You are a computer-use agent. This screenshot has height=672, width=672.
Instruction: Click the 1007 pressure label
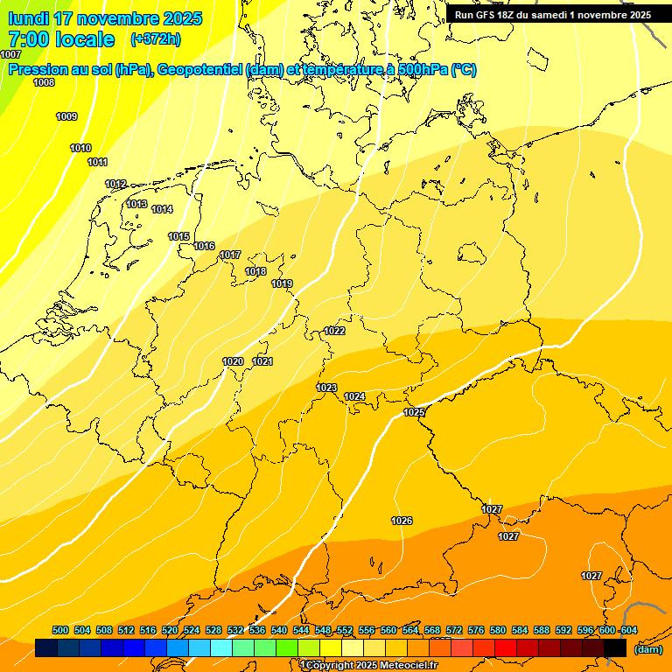(10, 54)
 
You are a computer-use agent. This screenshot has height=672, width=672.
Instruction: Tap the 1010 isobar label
(80, 148)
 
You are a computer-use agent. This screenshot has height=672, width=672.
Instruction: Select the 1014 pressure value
(162, 209)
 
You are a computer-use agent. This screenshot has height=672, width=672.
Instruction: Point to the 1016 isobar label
(204, 246)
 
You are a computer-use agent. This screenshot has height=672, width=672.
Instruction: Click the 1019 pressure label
(282, 283)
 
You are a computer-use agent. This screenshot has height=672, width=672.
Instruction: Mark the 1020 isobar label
(233, 361)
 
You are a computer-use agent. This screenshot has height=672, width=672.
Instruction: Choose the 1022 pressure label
(334, 331)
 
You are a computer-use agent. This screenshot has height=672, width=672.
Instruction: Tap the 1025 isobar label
(414, 411)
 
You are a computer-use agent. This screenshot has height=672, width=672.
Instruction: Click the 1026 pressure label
(402, 521)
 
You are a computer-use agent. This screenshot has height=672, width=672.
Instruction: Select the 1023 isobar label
(326, 388)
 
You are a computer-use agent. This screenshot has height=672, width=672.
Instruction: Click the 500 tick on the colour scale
(60, 630)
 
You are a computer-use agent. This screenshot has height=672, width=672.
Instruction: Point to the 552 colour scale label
(345, 630)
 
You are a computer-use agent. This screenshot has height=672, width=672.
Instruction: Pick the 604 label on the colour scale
(628, 630)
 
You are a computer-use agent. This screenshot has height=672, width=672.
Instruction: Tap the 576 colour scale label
(476, 630)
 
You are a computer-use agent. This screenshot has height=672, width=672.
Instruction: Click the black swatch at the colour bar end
(615, 647)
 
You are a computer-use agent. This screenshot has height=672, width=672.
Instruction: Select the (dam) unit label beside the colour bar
(647, 648)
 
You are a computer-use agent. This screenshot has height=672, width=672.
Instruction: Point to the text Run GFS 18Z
(485, 15)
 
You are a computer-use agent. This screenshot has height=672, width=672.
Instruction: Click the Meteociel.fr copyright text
(369, 666)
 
